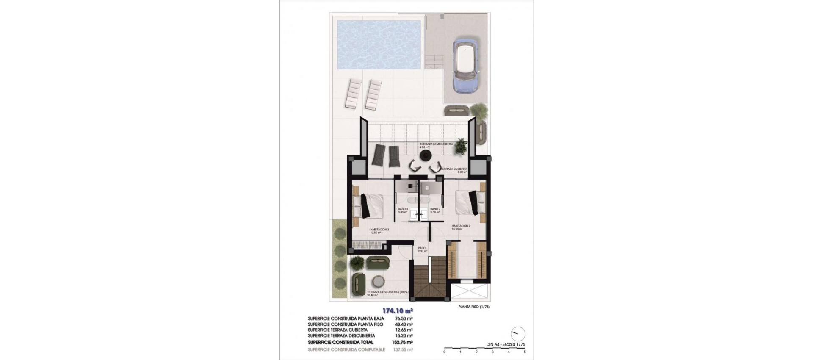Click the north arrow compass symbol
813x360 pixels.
pyautogui.click(x=518, y=333)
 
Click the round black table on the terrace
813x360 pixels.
pyautogui.click(x=425, y=156)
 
